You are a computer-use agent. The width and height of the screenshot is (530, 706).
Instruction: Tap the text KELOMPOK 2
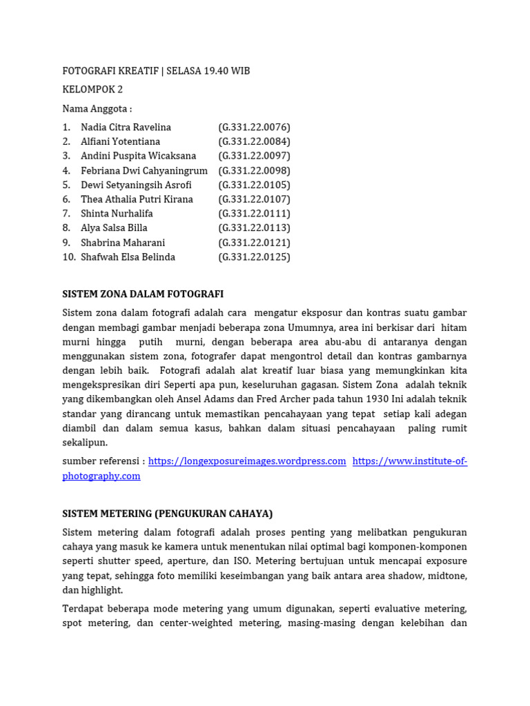92,90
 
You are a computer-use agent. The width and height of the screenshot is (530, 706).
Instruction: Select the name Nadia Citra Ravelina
126,128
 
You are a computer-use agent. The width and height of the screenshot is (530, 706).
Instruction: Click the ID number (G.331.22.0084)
254,142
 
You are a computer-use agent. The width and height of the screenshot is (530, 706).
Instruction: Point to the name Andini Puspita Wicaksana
138,156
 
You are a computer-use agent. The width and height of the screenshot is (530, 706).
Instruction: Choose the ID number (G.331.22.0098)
254,170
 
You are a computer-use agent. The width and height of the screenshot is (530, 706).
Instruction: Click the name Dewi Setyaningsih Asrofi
136,185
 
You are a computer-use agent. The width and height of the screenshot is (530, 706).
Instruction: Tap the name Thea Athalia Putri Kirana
137,199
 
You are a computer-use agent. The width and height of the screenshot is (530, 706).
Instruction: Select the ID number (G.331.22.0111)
254,214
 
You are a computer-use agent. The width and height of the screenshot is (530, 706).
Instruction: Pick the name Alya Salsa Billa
114,228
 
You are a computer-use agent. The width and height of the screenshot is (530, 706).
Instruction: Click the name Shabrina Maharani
123,243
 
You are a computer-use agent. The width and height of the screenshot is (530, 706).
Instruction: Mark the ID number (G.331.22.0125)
254,257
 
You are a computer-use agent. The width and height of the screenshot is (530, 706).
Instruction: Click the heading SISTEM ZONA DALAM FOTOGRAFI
143,294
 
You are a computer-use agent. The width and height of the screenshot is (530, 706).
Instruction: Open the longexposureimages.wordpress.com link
247,461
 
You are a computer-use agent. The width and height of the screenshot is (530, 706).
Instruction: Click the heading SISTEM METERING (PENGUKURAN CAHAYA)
168,514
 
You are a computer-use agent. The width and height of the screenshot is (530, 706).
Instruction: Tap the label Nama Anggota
97,109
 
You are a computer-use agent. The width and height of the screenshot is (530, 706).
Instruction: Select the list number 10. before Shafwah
69,257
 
